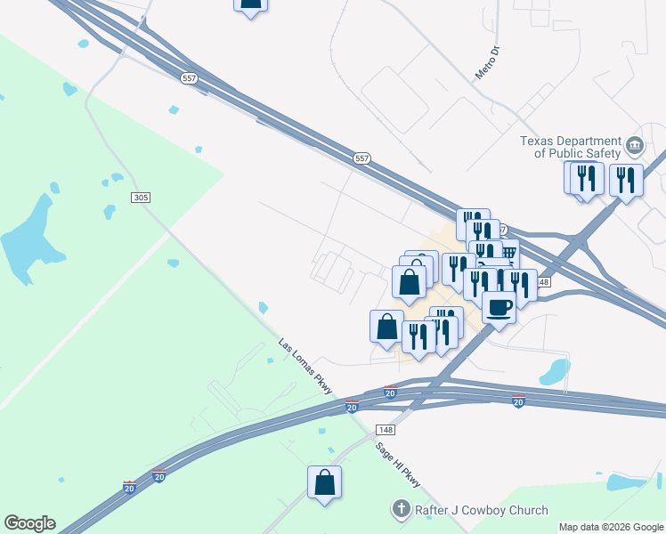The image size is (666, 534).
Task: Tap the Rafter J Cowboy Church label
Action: click(x=479, y=510)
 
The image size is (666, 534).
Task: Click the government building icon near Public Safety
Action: click(x=634, y=145)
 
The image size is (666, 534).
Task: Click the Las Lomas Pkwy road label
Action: click(x=305, y=366)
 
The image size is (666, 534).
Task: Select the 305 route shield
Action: click(x=140, y=197)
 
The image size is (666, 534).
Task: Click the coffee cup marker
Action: click(x=499, y=307)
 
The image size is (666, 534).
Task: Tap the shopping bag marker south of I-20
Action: click(x=325, y=482)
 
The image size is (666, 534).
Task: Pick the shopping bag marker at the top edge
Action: click(x=251, y=4)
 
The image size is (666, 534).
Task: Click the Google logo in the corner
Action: click(x=29, y=523)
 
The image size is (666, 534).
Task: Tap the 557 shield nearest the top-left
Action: click(x=189, y=79)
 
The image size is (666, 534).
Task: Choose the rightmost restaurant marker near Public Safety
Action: click(x=626, y=181)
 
